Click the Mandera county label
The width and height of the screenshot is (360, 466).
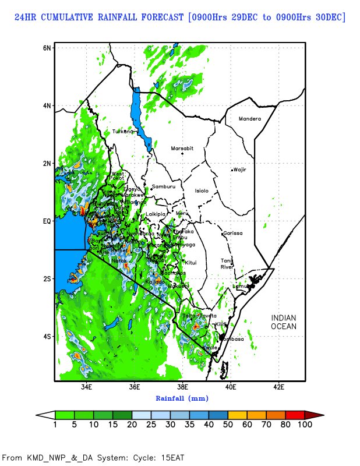tap(250, 119)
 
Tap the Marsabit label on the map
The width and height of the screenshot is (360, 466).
tap(182, 149)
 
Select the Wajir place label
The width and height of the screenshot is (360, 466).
tap(240, 170)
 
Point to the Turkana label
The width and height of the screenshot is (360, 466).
tap(123, 132)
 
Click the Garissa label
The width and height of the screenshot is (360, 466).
tap(232, 233)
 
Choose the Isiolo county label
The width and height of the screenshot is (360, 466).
tap(201, 190)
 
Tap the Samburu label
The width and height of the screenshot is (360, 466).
tap(163, 186)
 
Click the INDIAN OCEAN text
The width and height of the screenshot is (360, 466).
tap(284, 322)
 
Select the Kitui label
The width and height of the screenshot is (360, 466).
tap(191, 263)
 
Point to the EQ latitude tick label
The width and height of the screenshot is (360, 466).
tap(47, 221)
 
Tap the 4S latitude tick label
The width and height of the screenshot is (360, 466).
tap(47, 336)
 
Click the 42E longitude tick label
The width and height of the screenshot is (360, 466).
tap(278, 387)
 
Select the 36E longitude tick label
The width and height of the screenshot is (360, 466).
tap(135, 387)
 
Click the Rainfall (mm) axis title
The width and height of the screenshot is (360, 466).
tap(181, 398)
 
